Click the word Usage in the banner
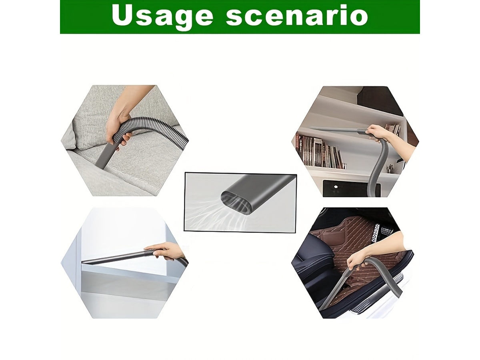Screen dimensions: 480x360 162,17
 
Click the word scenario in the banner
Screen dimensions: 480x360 297,16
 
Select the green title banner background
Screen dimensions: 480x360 240,17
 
